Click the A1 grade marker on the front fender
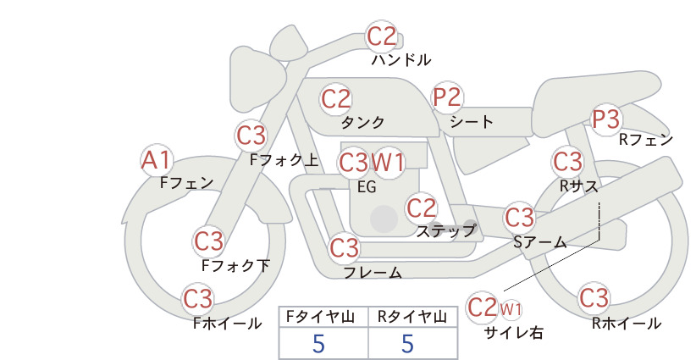click(156, 160)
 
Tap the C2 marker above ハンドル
click(381, 36)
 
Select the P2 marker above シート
click(447, 97)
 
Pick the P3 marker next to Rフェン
click(606, 119)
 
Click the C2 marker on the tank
click(335, 99)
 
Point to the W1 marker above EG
click(388, 163)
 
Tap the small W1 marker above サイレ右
click(511, 309)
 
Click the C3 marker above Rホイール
click(594, 298)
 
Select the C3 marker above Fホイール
click(198, 299)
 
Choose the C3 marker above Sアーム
click(519, 218)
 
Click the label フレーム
click(373, 272)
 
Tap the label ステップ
click(445, 231)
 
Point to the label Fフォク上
click(284, 160)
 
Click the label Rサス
click(579, 186)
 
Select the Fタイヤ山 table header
click(320, 317)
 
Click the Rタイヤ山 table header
click(412, 317)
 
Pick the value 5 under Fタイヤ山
click(318, 343)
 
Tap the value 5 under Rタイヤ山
click(407, 343)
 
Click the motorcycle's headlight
click(257, 83)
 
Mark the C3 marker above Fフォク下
click(208, 242)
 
